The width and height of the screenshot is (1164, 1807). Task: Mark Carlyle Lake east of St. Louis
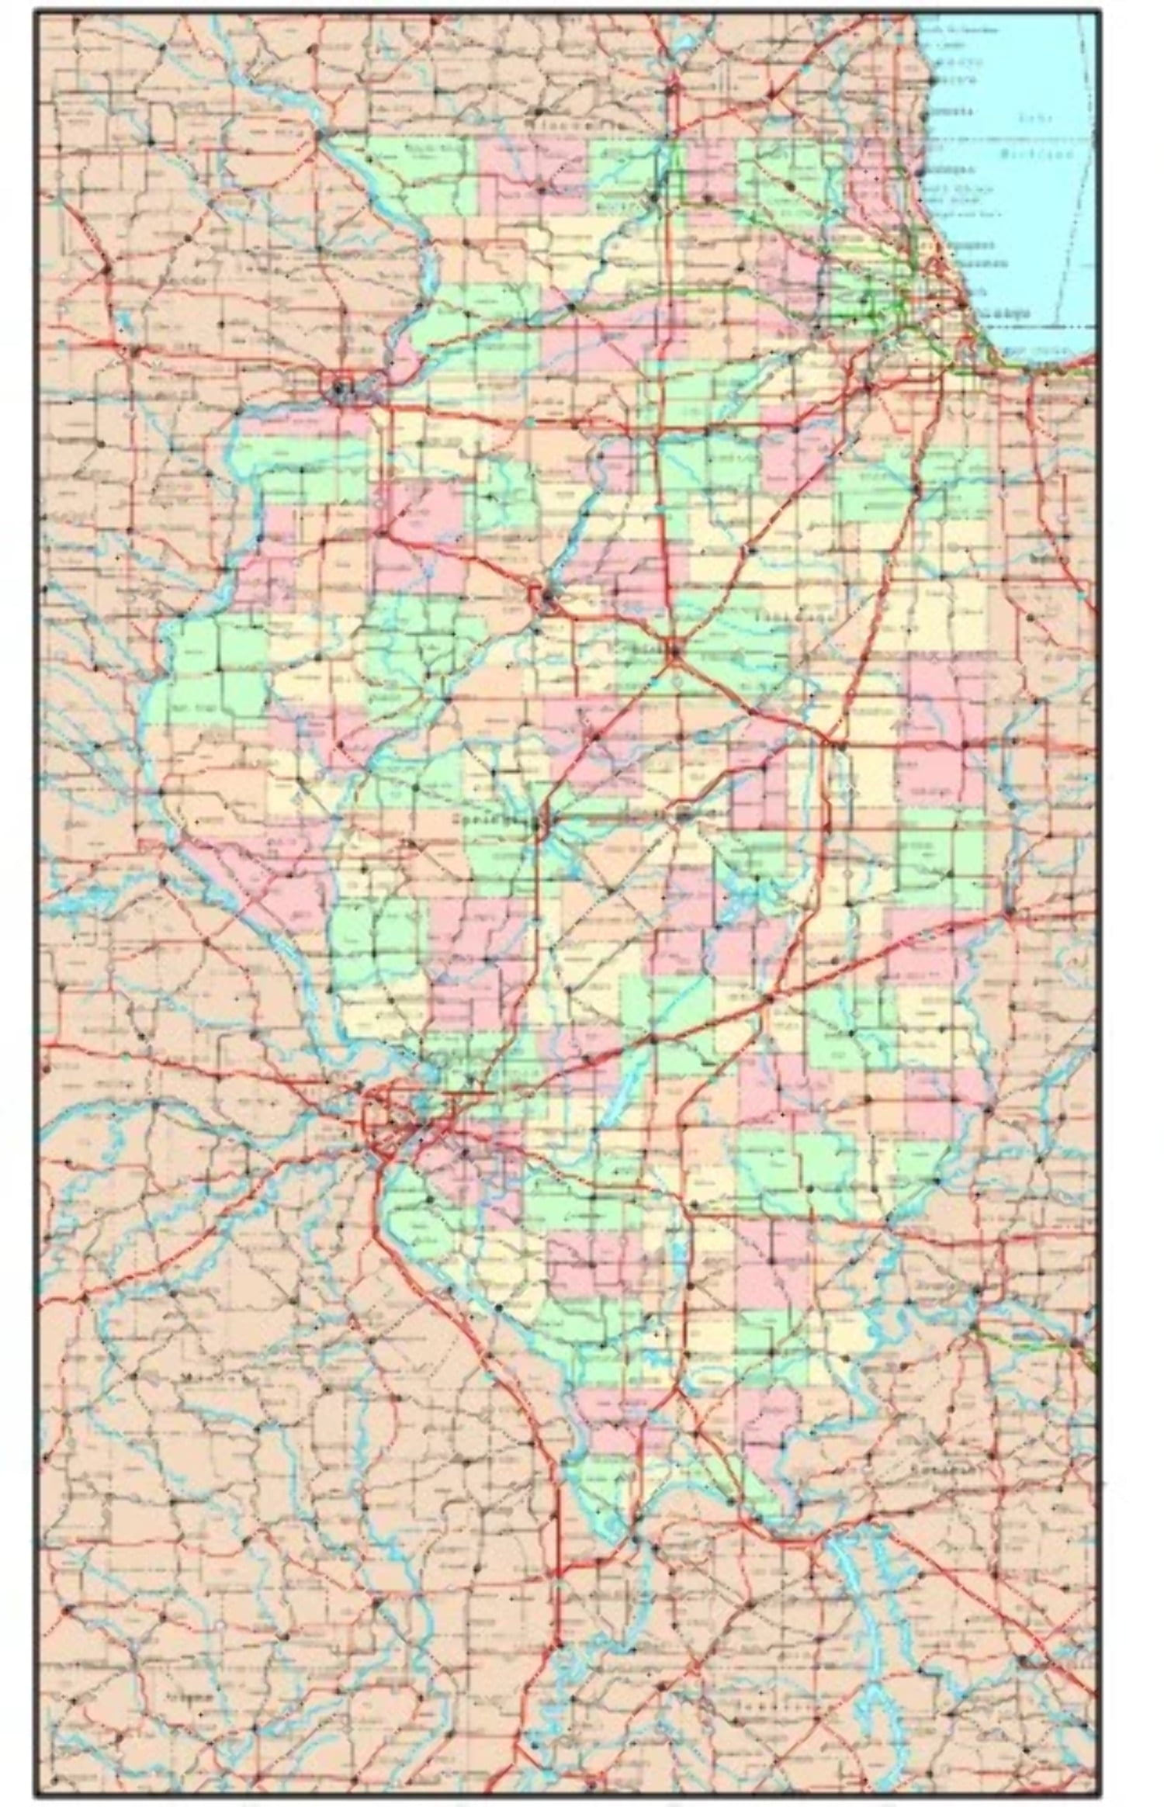[x=621, y=1086]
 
